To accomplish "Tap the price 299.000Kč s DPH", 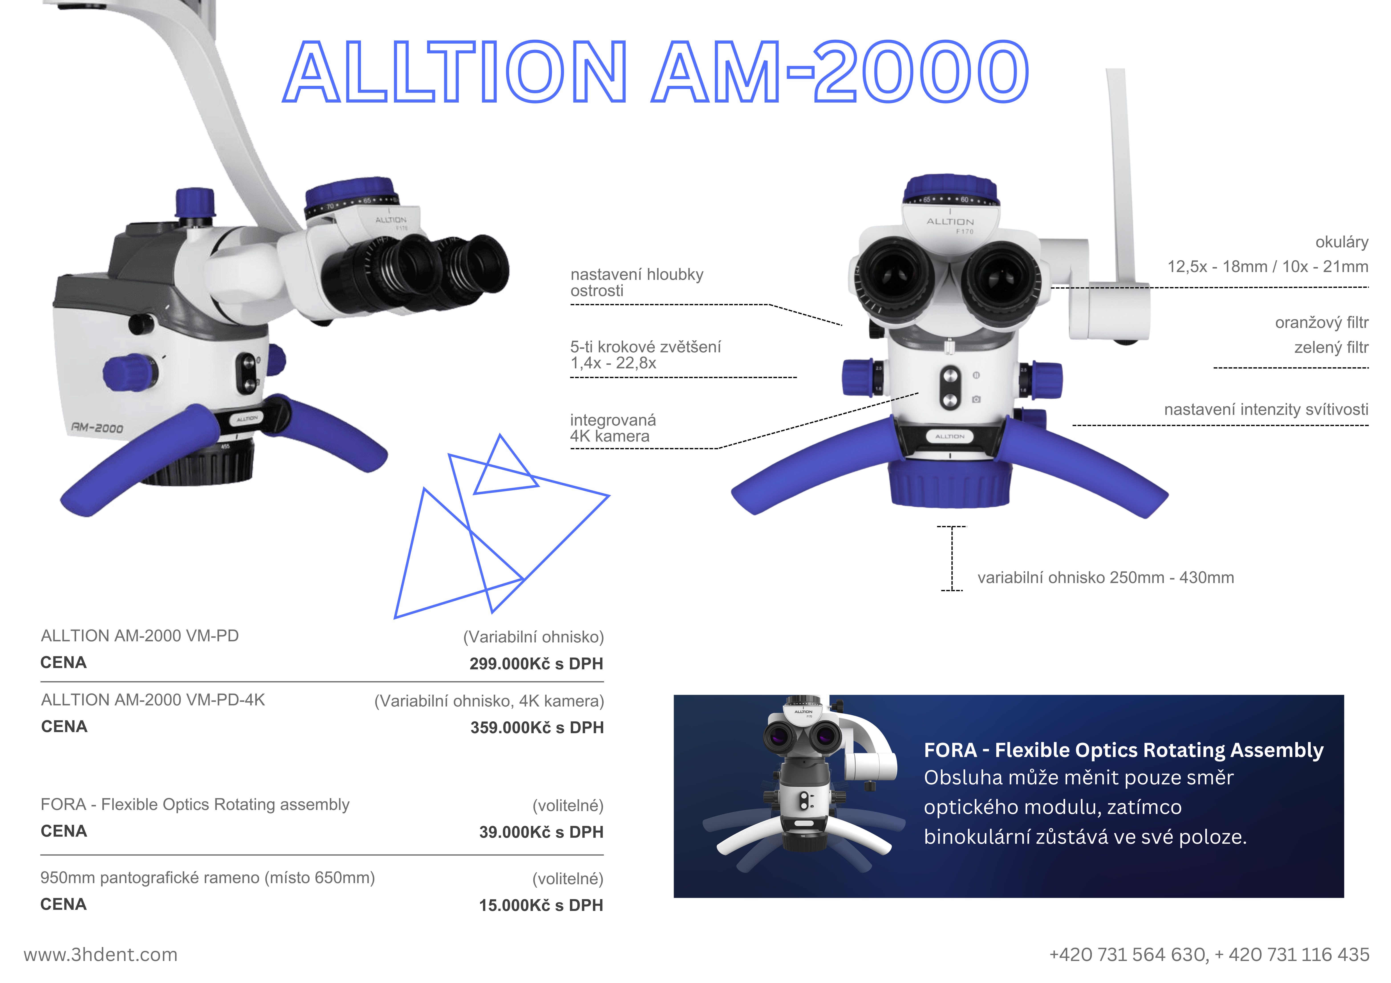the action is coord(536,664).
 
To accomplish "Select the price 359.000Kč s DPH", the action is coord(537,727).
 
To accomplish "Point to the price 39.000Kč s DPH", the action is coord(541,832).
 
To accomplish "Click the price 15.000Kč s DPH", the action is coord(541,905).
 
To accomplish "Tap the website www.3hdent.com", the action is coord(101,955).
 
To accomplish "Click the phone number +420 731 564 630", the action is coord(1129,955).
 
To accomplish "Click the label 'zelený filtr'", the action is coord(1331,348).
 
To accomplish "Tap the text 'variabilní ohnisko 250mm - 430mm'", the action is coord(1106,578).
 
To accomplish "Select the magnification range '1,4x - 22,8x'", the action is coord(613,363).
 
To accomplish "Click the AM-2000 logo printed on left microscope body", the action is coord(97,428).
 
